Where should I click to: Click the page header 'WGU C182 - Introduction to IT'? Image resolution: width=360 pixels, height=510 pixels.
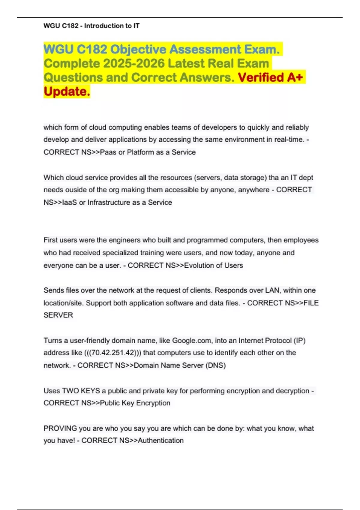91,26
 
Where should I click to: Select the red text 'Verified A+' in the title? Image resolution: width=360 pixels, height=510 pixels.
270,77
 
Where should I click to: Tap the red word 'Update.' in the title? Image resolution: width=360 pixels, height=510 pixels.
67,91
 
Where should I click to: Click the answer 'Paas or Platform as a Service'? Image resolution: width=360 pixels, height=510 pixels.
148,152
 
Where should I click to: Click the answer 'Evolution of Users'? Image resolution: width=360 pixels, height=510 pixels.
213,265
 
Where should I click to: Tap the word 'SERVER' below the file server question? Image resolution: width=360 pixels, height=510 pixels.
58,315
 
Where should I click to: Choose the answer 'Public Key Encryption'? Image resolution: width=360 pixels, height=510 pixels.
135,403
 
